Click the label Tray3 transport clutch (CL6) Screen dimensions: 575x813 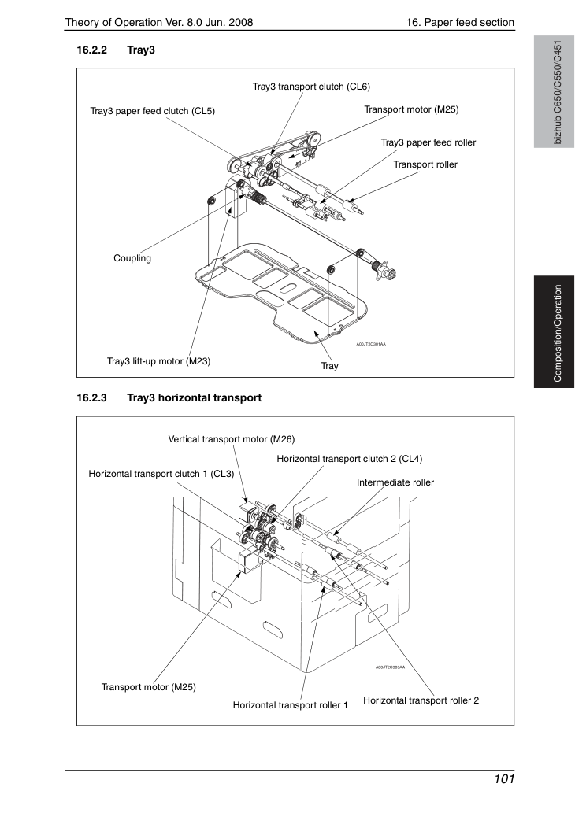[311, 87]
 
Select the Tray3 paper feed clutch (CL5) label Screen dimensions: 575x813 [153, 111]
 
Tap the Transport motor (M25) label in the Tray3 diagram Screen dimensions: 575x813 [411, 109]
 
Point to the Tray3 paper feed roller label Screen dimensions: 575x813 [428, 142]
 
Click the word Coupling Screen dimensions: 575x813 [132, 258]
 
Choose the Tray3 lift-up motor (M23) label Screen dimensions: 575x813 [159, 361]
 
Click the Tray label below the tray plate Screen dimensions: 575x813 [329, 366]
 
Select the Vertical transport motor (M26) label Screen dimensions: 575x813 [232, 439]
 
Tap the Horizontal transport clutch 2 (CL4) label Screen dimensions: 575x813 [349, 459]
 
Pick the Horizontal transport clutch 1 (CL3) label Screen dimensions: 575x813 [161, 474]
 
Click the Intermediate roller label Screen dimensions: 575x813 [395, 482]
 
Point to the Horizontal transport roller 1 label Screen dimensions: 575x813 [290, 705]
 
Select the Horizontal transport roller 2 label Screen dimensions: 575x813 [421, 700]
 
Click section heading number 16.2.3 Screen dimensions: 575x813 [92, 397]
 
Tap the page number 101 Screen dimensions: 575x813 [504, 779]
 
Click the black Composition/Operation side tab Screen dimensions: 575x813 [554, 332]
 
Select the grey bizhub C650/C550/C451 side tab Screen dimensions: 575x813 [554, 92]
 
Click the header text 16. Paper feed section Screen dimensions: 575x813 [460, 22]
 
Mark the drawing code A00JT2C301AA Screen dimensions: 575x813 [370, 344]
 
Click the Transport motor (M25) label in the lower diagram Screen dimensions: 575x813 [148, 687]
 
